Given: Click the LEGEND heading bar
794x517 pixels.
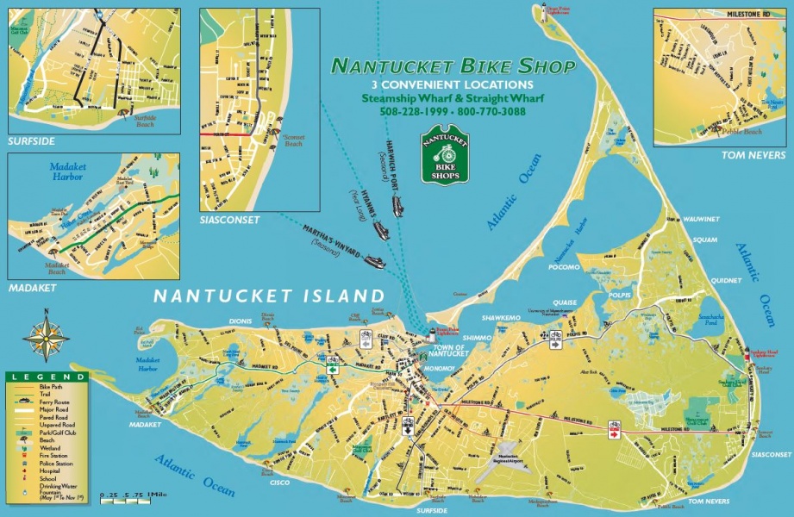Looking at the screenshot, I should click(47, 377).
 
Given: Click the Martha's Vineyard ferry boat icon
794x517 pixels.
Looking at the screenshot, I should click(373, 261).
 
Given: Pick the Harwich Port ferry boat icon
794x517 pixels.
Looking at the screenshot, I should click(397, 205).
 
